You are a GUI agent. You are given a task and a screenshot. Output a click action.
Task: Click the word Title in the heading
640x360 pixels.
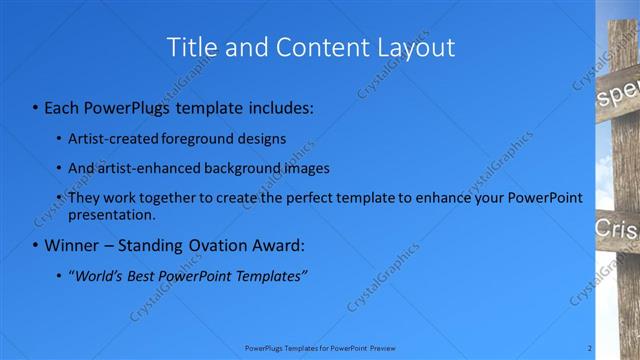click(x=190, y=47)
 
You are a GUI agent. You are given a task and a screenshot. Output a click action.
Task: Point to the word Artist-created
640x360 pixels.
click(x=110, y=138)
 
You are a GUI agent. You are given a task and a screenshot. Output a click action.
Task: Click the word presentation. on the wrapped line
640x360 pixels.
click(x=112, y=214)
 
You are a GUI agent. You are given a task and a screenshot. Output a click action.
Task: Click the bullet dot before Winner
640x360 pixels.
click(x=36, y=246)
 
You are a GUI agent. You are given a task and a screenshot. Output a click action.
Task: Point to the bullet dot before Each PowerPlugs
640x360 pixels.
click(x=36, y=107)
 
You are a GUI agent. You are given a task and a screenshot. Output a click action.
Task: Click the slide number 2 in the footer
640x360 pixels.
click(x=590, y=348)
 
